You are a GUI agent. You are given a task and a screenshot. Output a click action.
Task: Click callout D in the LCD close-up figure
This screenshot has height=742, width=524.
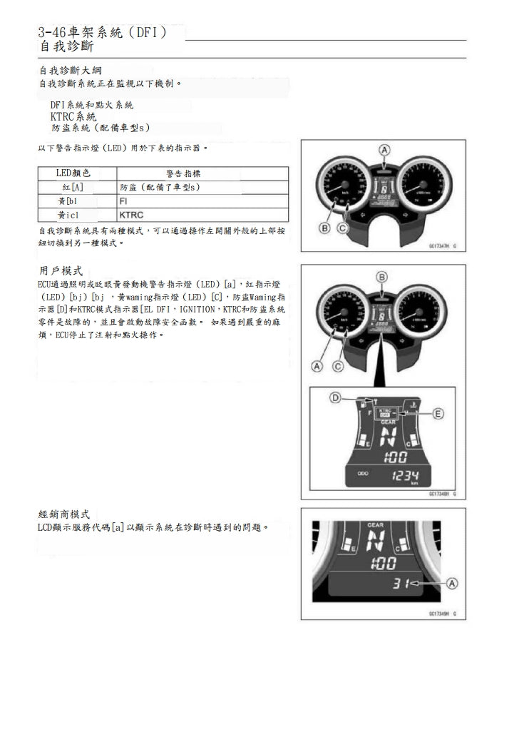coord(334,397)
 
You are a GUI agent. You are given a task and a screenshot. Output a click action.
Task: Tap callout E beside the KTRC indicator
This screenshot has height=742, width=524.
coord(438,413)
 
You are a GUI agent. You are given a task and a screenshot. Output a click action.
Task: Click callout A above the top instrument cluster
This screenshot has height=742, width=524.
coord(384,150)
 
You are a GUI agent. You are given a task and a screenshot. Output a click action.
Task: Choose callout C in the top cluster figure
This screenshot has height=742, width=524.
coord(341,228)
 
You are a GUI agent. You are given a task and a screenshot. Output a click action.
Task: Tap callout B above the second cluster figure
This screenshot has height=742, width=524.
coord(382,277)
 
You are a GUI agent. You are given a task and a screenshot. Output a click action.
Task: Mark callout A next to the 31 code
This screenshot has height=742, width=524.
coord(451,584)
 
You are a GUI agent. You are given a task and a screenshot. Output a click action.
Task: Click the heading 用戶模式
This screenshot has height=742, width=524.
coord(61,271)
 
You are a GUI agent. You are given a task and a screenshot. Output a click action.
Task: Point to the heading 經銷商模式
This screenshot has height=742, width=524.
coord(63,514)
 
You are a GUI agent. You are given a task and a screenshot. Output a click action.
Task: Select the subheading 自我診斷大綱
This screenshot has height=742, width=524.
coord(70,71)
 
